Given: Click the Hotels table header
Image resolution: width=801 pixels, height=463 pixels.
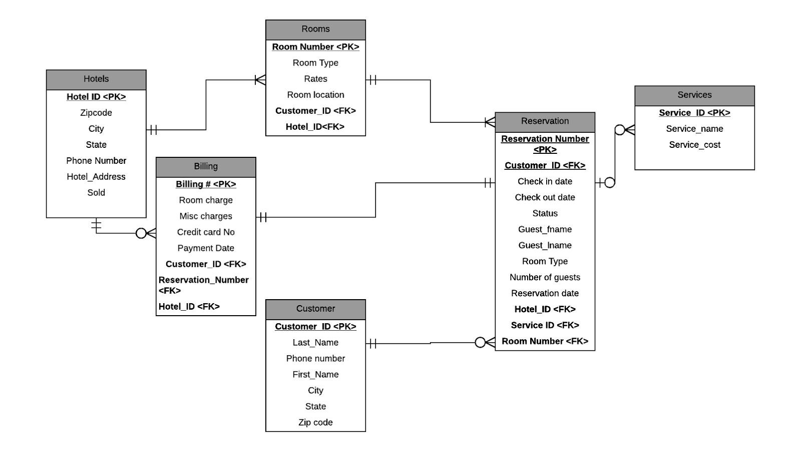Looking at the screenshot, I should (x=96, y=79).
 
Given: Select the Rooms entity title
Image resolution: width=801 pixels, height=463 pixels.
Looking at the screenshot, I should (x=315, y=29).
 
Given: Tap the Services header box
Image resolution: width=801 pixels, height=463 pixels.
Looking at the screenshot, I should (x=694, y=95).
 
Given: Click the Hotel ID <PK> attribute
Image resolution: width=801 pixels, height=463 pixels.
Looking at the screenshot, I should (x=96, y=97).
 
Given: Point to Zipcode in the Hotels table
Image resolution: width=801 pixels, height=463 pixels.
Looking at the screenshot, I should (x=96, y=113).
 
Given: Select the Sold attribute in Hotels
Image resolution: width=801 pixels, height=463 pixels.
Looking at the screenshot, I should (x=96, y=193).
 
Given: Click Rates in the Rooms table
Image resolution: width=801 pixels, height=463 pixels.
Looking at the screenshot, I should (x=315, y=79).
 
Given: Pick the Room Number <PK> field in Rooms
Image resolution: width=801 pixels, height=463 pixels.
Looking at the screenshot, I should (x=315, y=47).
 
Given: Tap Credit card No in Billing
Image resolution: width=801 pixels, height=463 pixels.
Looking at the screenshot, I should (x=206, y=233).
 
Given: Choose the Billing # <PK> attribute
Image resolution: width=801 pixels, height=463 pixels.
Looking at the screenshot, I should (x=206, y=184).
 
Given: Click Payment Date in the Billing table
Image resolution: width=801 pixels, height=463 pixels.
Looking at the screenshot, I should (x=206, y=249).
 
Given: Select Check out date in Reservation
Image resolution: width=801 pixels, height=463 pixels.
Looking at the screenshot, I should (x=545, y=197).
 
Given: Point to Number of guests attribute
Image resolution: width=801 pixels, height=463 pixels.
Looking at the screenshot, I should (x=545, y=278).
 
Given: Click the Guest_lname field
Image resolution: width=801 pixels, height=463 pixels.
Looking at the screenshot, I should (x=545, y=246).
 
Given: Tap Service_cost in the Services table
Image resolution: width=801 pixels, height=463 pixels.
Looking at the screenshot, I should (x=694, y=145).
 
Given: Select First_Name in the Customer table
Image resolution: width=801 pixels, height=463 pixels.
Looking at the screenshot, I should (x=315, y=375).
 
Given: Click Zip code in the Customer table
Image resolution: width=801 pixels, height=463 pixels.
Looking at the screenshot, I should (x=315, y=423).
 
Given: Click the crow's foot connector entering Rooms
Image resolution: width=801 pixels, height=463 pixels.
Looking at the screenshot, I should (x=260, y=80).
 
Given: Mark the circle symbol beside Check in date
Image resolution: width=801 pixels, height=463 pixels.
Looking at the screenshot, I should (x=609, y=183).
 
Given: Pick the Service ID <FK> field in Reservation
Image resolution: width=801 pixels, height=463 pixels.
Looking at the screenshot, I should (x=545, y=326).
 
